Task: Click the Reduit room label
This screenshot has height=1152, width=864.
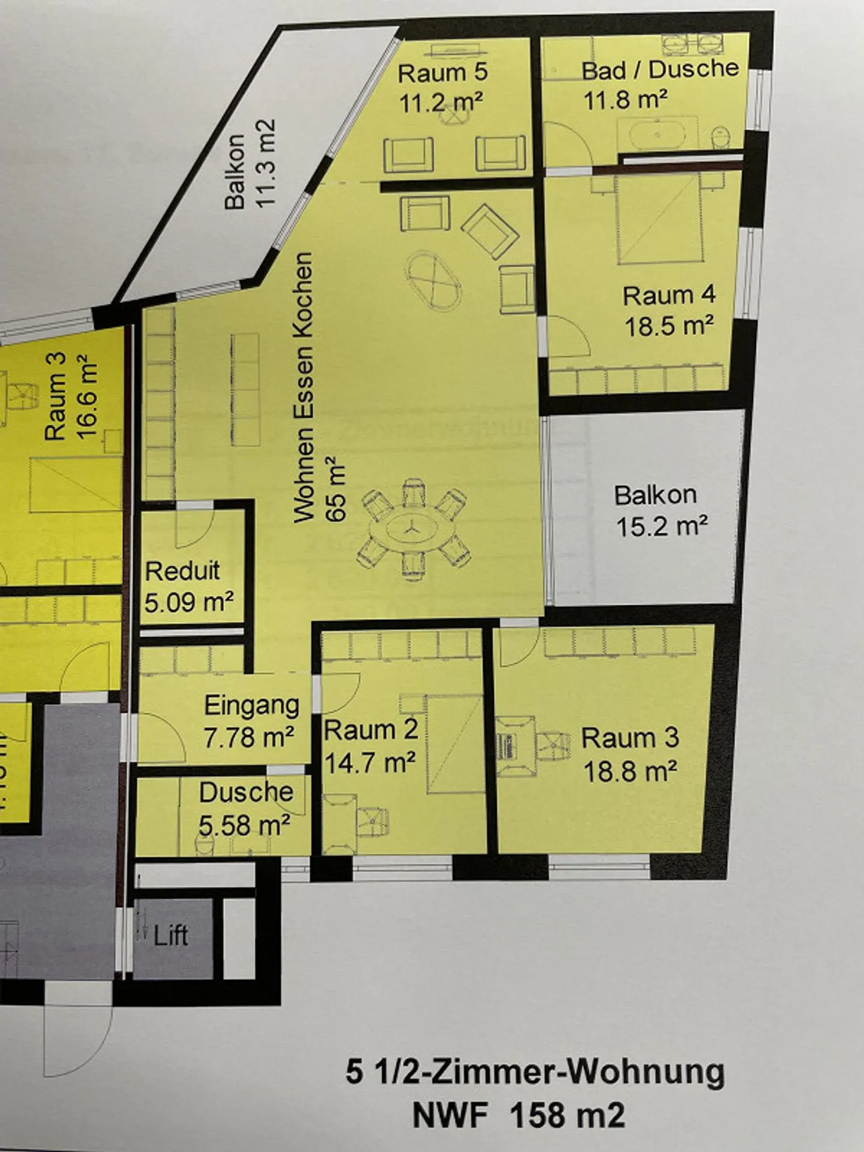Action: [x=182, y=571]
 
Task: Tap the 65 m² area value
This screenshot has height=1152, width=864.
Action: [x=337, y=489]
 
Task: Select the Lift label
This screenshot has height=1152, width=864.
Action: [x=170, y=935]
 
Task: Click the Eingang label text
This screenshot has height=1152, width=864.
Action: [x=251, y=705]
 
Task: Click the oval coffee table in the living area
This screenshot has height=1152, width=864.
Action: [x=433, y=281]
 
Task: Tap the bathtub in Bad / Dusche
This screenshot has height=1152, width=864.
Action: [x=658, y=136]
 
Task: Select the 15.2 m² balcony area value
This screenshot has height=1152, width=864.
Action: [x=662, y=526]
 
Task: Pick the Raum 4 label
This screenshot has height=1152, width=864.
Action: [x=669, y=295]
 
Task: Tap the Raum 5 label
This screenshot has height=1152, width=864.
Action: [x=443, y=73]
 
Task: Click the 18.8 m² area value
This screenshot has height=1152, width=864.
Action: [x=630, y=771]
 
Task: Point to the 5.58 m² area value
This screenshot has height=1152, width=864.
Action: [x=245, y=825]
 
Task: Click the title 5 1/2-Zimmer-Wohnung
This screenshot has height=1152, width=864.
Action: [x=535, y=1072]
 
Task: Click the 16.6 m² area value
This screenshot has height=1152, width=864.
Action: [x=86, y=397]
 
